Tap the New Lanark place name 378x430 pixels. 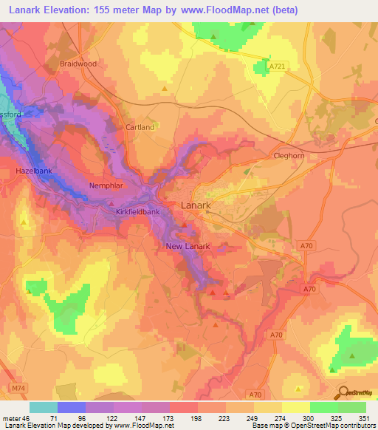coord(188,246)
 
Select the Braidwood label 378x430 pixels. coord(78,64)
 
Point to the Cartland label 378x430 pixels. coord(140,127)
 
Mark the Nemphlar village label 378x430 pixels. coord(104,185)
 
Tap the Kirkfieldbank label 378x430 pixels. coord(138,212)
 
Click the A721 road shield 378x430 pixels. coord(276,66)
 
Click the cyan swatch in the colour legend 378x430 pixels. coord(43,407)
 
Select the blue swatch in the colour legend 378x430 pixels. coord(71,407)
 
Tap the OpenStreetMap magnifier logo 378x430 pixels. coord(342,393)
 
